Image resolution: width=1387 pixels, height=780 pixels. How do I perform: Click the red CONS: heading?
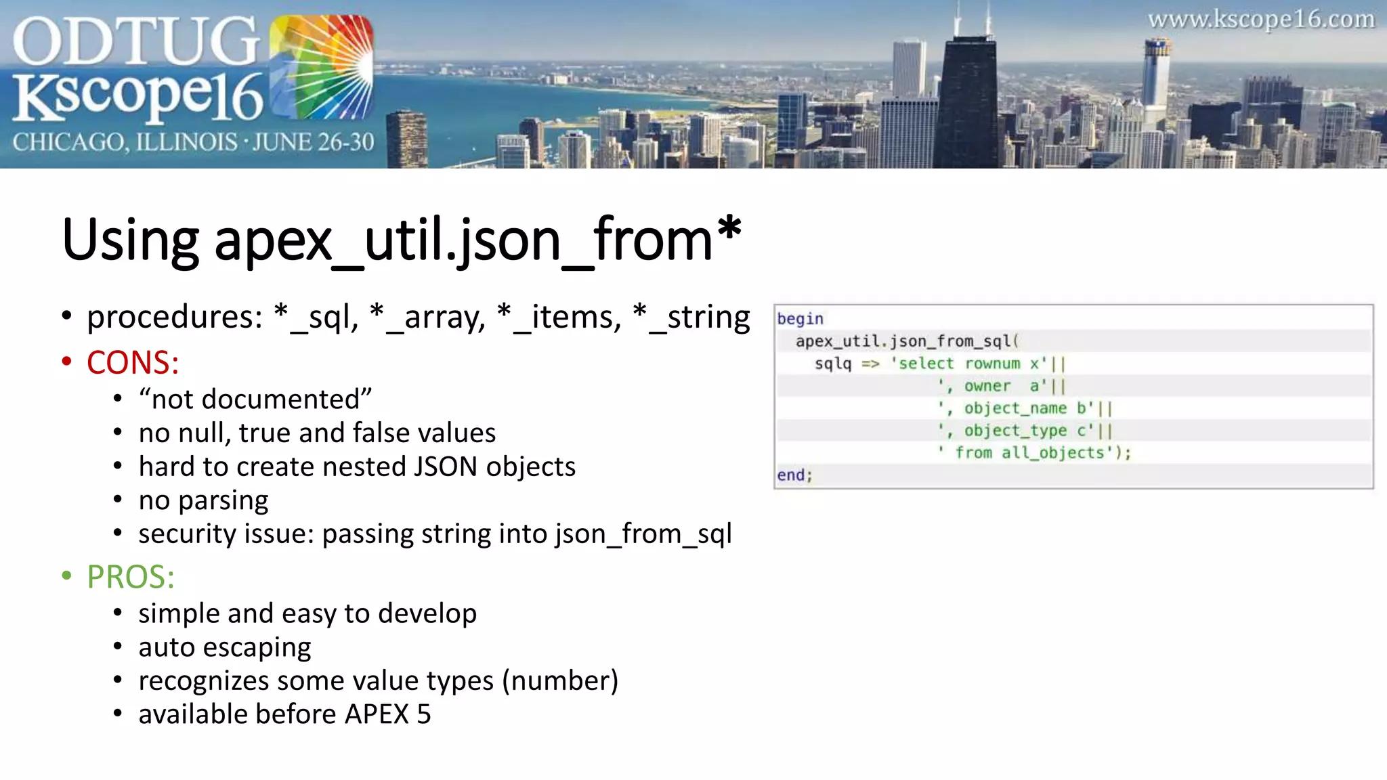click(133, 363)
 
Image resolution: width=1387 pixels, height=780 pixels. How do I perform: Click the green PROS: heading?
click(131, 578)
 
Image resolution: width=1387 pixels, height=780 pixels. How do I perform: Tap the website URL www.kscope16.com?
click(1260, 20)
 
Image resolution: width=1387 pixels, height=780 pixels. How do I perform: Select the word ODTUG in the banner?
click(135, 42)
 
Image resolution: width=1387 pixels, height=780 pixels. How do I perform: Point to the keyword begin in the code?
click(800, 319)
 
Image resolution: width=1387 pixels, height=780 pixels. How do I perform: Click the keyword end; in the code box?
click(794, 475)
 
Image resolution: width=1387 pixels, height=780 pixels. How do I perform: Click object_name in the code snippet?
click(1015, 408)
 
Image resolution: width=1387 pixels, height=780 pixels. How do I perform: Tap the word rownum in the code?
click(992, 364)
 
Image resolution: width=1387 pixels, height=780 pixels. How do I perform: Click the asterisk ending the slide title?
click(729, 230)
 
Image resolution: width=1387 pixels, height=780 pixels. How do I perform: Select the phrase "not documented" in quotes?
click(255, 399)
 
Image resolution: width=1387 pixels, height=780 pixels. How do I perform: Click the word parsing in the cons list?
click(223, 501)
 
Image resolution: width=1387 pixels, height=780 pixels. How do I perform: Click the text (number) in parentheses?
click(560, 681)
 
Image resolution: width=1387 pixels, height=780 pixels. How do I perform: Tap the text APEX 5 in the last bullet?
click(387, 715)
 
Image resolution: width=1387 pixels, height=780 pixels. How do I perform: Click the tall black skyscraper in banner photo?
click(967, 102)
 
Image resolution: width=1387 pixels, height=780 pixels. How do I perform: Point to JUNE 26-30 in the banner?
click(313, 142)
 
